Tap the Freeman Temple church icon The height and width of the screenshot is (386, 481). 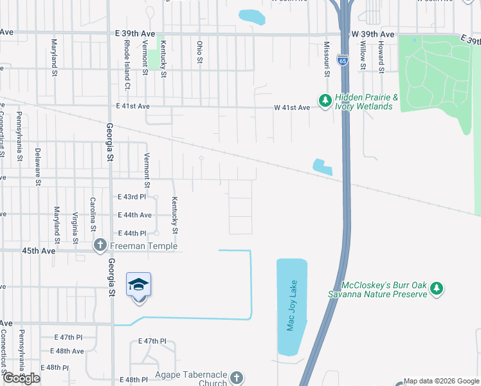100,245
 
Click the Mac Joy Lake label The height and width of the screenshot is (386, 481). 291,306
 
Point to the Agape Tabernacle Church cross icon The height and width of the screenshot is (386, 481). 237,377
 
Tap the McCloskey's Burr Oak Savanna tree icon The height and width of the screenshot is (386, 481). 437,289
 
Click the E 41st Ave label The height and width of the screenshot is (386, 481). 132,106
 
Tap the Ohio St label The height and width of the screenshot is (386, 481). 199,53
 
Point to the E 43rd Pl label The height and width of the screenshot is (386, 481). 132,197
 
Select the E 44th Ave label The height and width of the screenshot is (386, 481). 135,215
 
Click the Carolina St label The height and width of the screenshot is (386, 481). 93,214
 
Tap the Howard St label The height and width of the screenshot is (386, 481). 381,56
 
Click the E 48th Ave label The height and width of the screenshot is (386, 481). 68,351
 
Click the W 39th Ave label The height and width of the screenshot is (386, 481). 372,33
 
